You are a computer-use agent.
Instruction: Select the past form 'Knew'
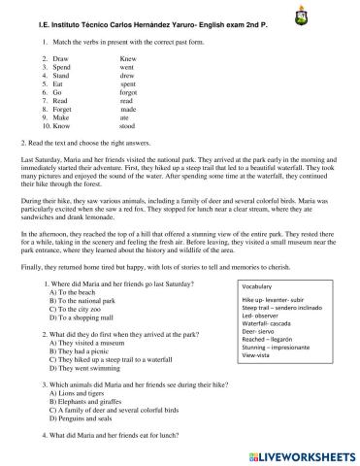click(x=127, y=58)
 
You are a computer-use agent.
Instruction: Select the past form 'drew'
click(x=127, y=75)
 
